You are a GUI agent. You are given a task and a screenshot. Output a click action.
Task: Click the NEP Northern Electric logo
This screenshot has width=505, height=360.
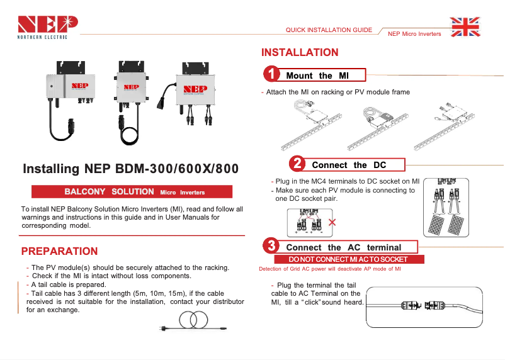point(48,26)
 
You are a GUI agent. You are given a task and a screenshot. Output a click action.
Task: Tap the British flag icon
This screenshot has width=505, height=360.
point(465,27)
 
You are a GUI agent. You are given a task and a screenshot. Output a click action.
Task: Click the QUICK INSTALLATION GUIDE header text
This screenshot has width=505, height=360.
point(328,30)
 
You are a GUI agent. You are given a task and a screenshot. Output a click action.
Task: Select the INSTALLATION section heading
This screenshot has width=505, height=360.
point(300,52)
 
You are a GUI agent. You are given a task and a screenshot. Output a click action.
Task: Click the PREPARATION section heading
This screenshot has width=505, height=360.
point(59,251)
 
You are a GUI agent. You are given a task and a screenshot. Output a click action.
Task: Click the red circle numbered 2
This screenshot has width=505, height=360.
point(297,164)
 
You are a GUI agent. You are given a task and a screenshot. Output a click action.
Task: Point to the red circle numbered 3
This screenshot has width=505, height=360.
point(271,245)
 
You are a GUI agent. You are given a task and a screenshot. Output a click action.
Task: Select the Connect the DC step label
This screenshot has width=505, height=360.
point(349,165)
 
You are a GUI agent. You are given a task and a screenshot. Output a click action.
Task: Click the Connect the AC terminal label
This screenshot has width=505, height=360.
point(343,247)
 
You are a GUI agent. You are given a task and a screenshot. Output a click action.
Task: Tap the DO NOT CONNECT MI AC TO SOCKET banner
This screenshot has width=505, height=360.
point(348,259)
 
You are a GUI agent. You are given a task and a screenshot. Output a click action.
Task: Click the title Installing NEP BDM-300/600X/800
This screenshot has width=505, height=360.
point(130,169)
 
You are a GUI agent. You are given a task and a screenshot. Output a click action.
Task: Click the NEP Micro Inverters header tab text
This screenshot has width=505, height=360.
point(414,34)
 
